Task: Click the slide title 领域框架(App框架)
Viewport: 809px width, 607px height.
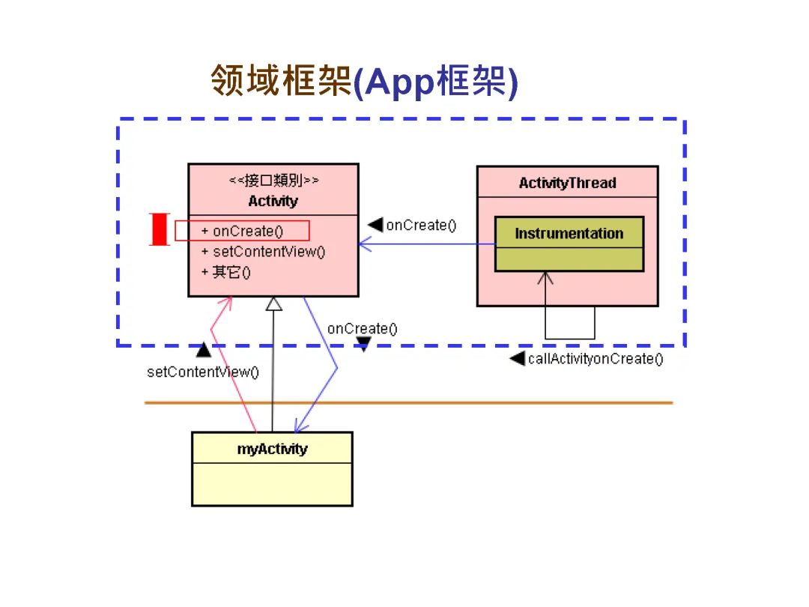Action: click(364, 81)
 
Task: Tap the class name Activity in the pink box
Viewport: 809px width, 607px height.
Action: click(273, 201)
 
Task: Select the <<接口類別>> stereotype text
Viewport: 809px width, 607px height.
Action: click(273, 181)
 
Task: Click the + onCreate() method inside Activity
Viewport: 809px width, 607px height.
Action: click(242, 231)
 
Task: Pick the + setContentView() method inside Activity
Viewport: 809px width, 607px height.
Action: click(263, 252)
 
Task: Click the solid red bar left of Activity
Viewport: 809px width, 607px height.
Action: click(159, 229)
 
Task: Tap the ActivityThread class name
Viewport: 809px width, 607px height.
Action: click(567, 183)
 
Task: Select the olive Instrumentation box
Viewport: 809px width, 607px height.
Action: click(569, 244)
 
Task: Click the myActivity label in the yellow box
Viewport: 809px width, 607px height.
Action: click(272, 449)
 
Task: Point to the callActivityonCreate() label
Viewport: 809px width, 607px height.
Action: click(596, 358)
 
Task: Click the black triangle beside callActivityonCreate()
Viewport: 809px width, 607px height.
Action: click(517, 358)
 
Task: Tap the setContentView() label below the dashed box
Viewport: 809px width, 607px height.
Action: click(202, 372)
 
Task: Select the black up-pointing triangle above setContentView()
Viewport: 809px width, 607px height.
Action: click(203, 350)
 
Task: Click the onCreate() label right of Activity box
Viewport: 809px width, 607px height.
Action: click(420, 225)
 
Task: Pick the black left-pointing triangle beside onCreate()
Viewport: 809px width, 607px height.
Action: click(375, 225)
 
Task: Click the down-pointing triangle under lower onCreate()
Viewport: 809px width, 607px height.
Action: click(363, 344)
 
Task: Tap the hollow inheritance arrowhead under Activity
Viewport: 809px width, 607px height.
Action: click(273, 303)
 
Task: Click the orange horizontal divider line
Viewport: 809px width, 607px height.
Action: click(408, 402)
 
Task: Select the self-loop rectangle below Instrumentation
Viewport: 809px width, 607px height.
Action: click(570, 322)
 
